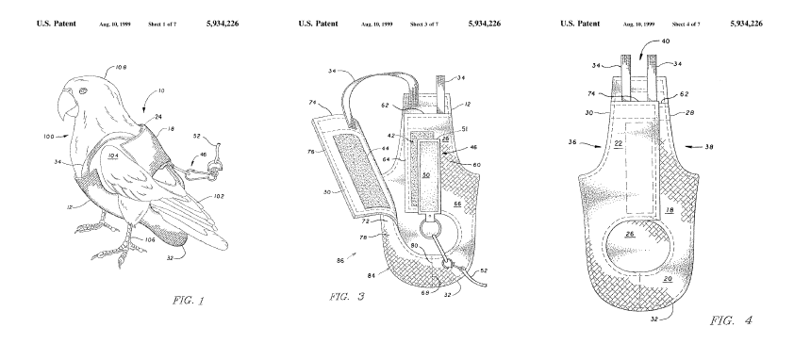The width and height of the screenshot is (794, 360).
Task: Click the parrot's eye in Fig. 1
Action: pos(83,91)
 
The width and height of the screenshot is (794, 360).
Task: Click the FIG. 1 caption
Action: pos(188,301)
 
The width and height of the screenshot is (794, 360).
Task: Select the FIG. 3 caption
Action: pos(347,297)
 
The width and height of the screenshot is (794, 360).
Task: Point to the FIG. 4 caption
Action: pos(731,320)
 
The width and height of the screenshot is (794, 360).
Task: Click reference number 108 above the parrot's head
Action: pos(121,67)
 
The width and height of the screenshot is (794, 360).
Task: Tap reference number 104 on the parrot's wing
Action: pos(113,155)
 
